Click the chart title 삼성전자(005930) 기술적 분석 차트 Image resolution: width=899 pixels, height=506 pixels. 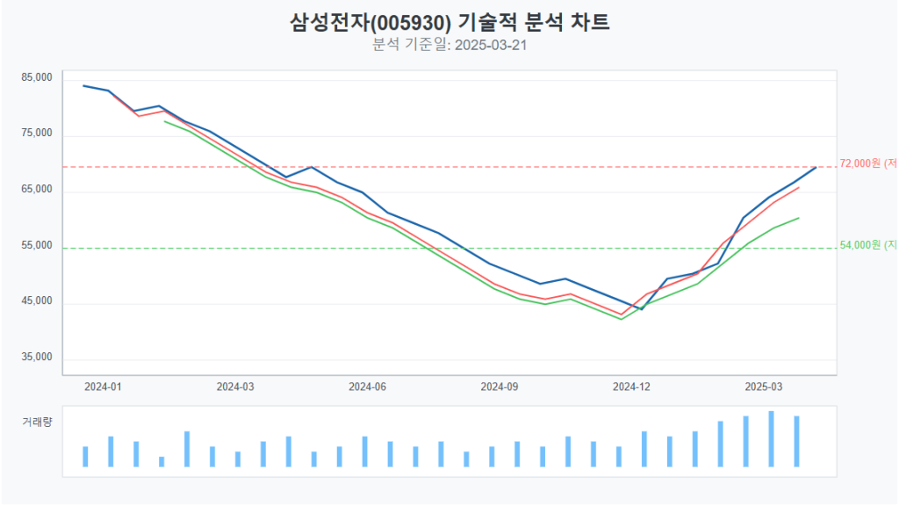(x=449, y=22)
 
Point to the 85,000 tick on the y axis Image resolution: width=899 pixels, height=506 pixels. (x=37, y=77)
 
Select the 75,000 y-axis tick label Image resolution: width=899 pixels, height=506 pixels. (x=37, y=134)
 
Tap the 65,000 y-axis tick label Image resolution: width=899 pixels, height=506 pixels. (x=37, y=190)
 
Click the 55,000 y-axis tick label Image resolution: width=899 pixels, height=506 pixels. (x=37, y=246)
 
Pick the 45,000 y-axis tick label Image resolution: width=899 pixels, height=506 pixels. (x=37, y=301)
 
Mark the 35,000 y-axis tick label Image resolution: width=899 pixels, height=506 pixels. (x=37, y=358)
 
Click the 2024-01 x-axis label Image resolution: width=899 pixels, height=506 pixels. (x=103, y=387)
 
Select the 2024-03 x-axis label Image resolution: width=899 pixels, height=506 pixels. (x=234, y=387)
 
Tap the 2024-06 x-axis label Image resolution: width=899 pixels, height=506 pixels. (x=367, y=387)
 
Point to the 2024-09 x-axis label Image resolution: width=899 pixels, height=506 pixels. (x=499, y=387)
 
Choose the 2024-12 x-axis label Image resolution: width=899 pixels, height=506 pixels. (x=631, y=387)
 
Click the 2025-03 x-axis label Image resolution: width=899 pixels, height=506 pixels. (x=763, y=387)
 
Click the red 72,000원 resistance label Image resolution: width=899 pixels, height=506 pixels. (x=867, y=163)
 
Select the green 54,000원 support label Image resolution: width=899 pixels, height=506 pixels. (x=867, y=245)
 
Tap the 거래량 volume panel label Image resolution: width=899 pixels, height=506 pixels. (x=37, y=422)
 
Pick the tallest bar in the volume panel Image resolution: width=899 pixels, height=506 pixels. (x=771, y=439)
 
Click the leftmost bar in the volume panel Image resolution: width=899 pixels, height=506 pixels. (x=85, y=457)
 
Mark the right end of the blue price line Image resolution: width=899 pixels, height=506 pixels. (x=816, y=167)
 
